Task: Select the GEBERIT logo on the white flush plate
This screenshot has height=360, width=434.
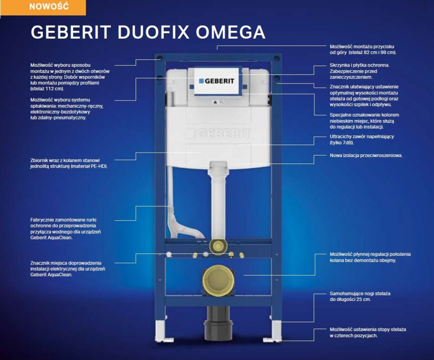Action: (x=216, y=81)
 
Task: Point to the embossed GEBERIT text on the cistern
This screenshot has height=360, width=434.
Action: (x=217, y=133)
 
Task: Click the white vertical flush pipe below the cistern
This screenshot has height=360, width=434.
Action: (x=217, y=201)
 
